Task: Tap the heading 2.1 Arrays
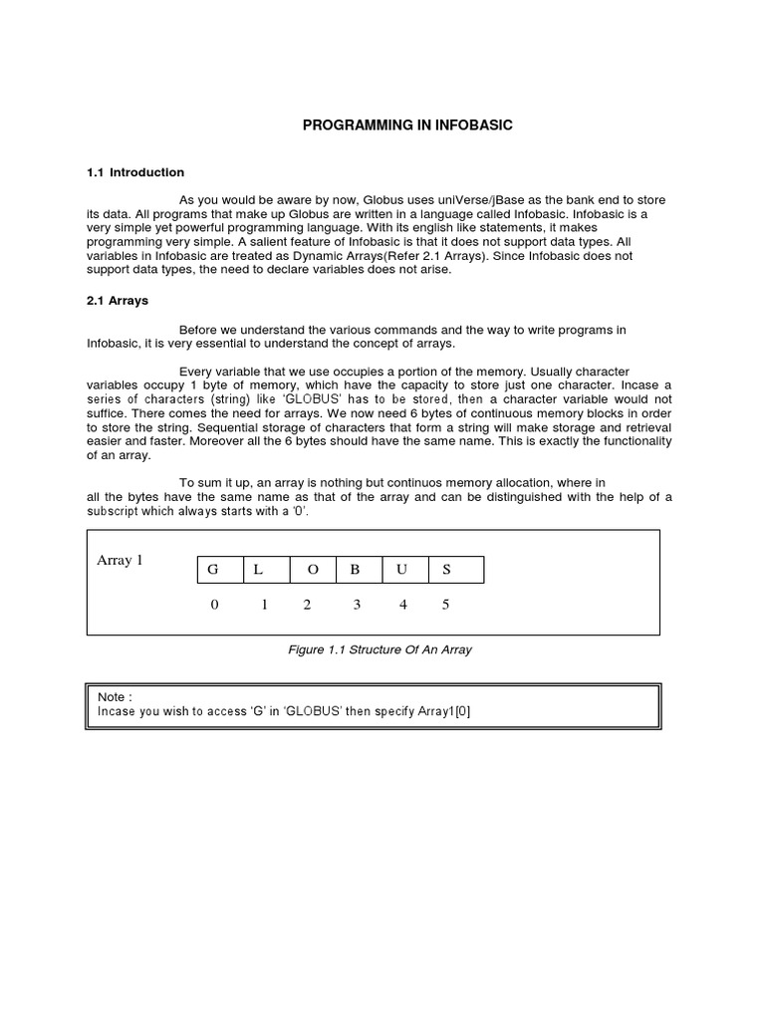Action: coord(118,300)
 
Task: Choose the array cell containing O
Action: coord(312,570)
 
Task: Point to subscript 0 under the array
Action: coord(214,605)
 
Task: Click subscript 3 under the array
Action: coord(356,605)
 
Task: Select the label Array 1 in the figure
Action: coord(120,560)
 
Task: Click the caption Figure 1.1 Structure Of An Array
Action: coord(380,649)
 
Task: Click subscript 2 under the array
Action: coord(307,605)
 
